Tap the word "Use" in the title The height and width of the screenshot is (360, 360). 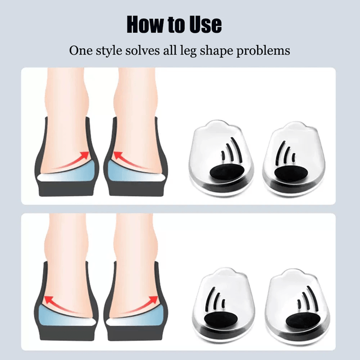(203, 24)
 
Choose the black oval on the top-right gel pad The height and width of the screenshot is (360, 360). (290, 174)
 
